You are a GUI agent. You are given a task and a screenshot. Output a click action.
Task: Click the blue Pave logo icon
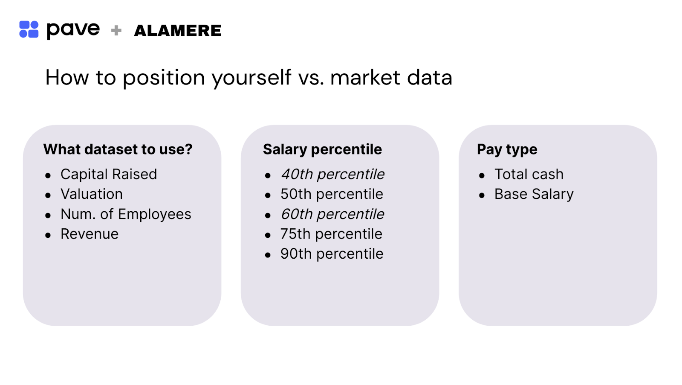click(29, 29)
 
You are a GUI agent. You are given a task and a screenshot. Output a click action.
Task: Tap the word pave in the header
click(73, 30)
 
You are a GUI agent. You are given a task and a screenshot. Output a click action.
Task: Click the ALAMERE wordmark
click(178, 31)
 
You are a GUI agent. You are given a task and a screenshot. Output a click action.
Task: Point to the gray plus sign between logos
click(116, 30)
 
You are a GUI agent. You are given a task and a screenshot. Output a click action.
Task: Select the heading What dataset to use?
click(118, 149)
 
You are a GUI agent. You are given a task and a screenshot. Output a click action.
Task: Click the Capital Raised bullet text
click(109, 174)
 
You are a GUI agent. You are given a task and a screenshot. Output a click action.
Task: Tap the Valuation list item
click(92, 194)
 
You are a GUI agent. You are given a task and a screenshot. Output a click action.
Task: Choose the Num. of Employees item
click(126, 214)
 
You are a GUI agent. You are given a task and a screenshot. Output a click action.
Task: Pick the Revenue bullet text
click(90, 234)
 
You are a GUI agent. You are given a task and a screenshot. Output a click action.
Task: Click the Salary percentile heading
click(322, 149)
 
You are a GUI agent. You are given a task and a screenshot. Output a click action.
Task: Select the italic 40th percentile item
click(332, 174)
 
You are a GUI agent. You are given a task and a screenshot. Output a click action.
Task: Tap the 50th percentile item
click(332, 194)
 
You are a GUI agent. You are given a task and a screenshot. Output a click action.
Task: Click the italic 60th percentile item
click(332, 214)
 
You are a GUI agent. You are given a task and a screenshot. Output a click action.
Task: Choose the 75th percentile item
click(331, 234)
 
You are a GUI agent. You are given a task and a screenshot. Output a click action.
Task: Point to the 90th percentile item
click(332, 254)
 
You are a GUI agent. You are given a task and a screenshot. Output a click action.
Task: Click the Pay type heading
click(507, 149)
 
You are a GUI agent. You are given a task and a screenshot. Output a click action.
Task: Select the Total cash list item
click(529, 174)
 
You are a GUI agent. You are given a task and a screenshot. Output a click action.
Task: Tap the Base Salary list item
click(534, 194)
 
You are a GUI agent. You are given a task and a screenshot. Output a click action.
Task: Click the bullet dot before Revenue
click(48, 235)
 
